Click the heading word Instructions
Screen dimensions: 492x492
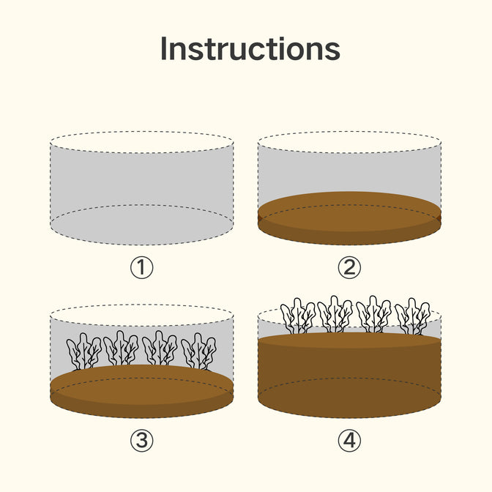click(250, 48)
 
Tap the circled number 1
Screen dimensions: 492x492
click(142, 268)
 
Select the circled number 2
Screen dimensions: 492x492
click(349, 268)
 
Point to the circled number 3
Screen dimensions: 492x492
click(142, 441)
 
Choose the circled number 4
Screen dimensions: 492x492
click(349, 441)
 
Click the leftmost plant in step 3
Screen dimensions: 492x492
click(83, 351)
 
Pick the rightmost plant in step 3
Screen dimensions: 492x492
click(198, 351)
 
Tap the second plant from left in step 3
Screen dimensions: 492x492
click(121, 348)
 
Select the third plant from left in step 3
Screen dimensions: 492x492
click(160, 348)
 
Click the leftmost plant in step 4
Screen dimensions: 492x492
click(298, 316)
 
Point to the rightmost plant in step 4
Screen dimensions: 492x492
click(412, 316)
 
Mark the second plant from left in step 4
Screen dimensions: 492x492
click(335, 314)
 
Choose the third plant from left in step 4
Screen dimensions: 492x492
click(373, 314)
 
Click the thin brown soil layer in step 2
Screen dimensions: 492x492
click(349, 218)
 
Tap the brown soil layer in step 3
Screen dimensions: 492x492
click(142, 391)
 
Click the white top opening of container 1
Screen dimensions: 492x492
click(142, 142)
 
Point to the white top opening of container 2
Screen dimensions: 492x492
click(349, 142)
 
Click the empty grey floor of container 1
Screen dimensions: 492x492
click(142, 225)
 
